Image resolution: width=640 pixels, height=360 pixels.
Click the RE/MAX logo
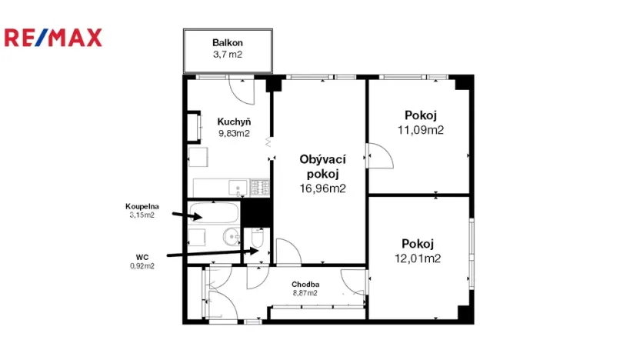(x=53, y=37)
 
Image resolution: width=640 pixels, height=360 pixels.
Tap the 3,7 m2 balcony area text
(x=228, y=55)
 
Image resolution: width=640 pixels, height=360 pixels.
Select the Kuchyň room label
(x=233, y=122)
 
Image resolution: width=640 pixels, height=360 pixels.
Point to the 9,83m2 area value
(x=233, y=133)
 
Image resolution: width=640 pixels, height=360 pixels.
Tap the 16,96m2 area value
(x=322, y=187)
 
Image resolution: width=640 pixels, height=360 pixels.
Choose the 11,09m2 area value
(x=420, y=130)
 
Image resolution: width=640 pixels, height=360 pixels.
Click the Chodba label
(x=305, y=284)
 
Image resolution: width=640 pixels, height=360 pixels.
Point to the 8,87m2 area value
(x=305, y=293)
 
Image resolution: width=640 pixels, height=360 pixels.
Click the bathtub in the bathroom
(x=214, y=213)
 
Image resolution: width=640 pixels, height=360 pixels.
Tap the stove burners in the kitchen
(x=259, y=186)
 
